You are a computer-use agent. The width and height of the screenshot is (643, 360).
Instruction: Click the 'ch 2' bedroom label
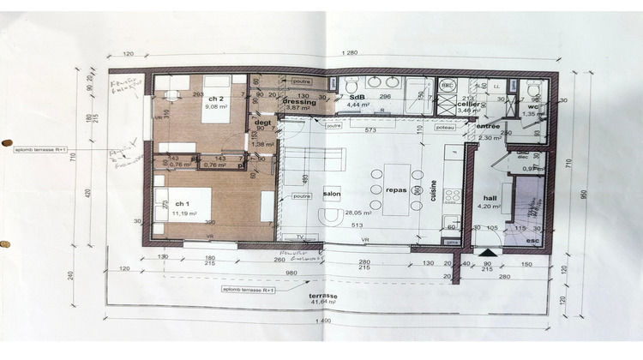coord(215,99)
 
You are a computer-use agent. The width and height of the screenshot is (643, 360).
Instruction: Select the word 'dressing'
coord(299,101)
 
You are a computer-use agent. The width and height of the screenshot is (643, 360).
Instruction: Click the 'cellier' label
coord(471,103)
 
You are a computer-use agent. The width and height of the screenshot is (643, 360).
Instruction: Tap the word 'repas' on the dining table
coord(395,191)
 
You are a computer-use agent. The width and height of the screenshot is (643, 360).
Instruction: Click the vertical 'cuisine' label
coord(434,193)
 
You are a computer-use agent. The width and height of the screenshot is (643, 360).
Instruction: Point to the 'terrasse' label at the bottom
coord(324,296)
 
